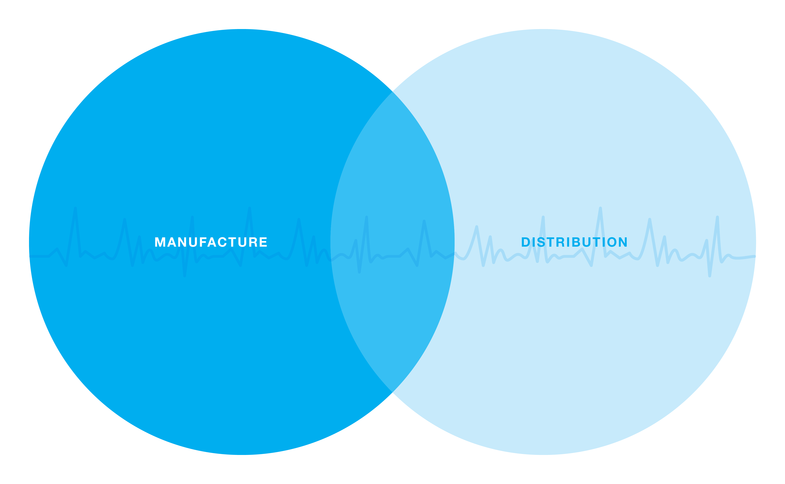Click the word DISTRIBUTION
tap(574, 242)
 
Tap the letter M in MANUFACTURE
tap(160, 242)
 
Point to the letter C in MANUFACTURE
tap(222, 242)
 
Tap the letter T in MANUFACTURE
tap(233, 242)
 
